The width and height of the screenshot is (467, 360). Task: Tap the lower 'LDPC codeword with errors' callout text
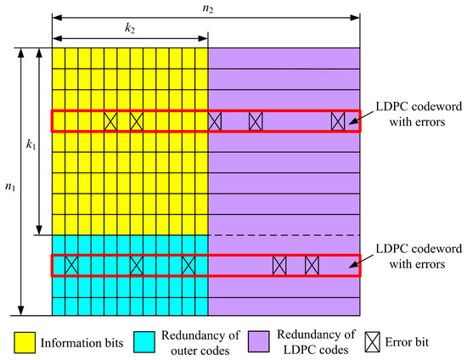pyautogui.click(x=405, y=258)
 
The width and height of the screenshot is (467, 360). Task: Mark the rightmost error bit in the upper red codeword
pyautogui.click(x=339, y=121)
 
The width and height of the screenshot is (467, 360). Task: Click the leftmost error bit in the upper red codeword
pyautogui.click(x=110, y=121)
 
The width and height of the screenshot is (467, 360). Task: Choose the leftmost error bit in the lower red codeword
pyautogui.click(x=71, y=265)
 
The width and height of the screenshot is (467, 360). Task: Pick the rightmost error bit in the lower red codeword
pyautogui.click(x=312, y=265)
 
